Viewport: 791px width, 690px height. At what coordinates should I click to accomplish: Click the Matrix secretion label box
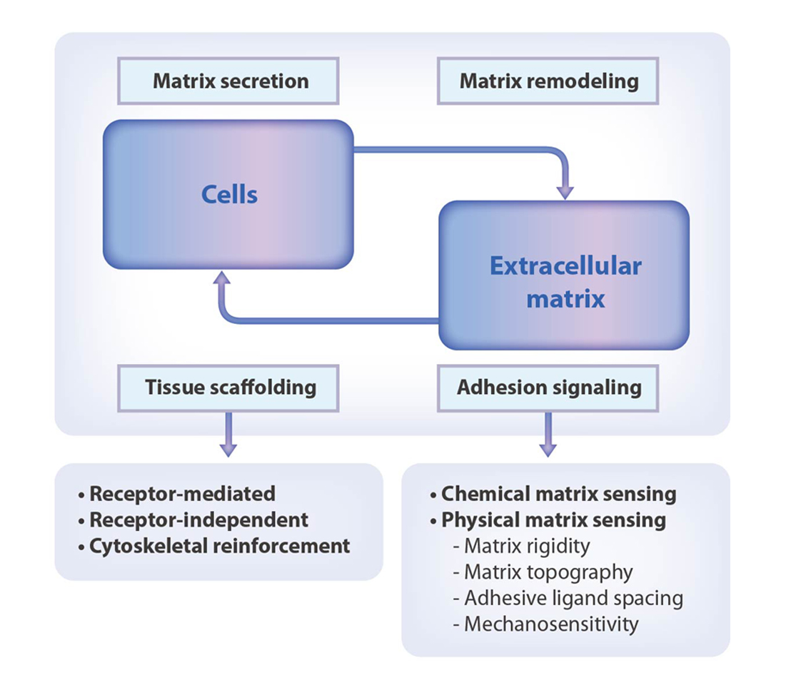tap(228, 81)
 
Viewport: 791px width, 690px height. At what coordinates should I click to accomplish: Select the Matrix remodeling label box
tap(548, 81)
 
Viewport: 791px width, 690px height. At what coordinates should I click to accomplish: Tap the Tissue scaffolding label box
tap(228, 388)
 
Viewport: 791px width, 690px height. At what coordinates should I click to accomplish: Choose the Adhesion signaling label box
tap(548, 388)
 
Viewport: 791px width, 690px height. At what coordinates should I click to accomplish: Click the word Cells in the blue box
tap(230, 194)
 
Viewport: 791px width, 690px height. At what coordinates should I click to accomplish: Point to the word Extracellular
tap(565, 266)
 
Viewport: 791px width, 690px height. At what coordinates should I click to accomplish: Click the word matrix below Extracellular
tap(565, 298)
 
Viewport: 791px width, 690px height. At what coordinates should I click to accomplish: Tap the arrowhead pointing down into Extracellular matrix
tap(565, 192)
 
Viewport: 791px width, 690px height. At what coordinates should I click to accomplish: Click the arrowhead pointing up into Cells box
tap(221, 278)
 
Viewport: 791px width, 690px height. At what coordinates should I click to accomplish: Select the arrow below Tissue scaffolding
tap(228, 435)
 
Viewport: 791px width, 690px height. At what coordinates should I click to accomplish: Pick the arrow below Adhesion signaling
tap(548, 435)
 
